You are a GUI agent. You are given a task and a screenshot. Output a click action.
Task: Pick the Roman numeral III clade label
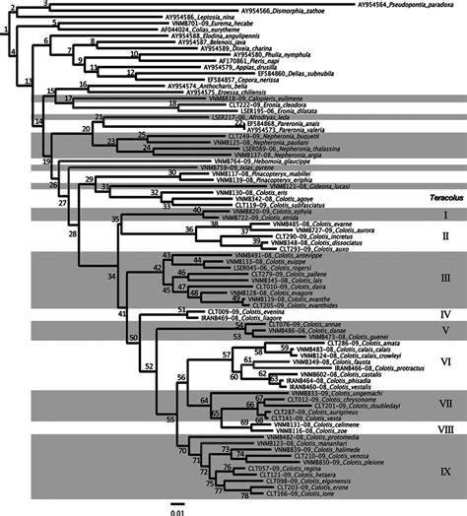pos(444,277)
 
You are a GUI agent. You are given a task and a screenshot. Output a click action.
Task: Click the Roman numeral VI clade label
pos(444,362)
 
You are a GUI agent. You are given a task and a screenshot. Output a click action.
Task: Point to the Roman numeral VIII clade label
pos(444,428)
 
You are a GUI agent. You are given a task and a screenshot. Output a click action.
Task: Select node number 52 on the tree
pos(151,364)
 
